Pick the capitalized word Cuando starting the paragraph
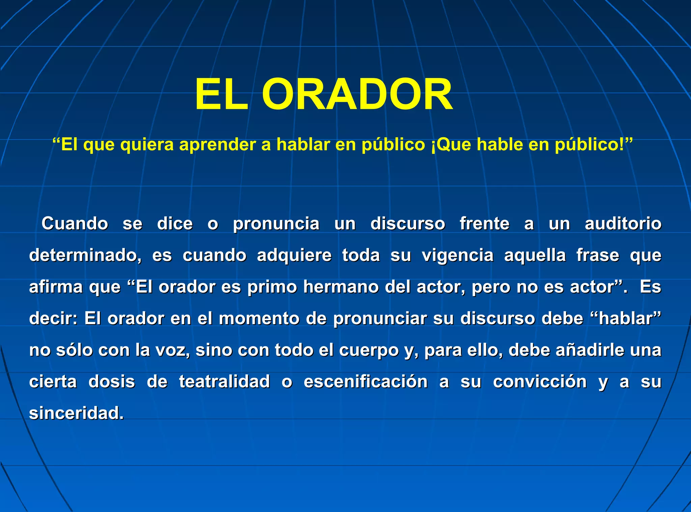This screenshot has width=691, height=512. point(75,223)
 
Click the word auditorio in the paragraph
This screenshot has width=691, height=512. point(623,223)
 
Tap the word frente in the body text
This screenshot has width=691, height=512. point(484,223)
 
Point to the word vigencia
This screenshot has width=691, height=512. point(458,255)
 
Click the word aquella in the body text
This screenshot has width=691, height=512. point(535,255)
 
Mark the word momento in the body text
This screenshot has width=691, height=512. point(259,318)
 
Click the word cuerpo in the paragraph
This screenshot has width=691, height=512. point(369,350)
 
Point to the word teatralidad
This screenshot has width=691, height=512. point(224,381)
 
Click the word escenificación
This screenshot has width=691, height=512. point(365,381)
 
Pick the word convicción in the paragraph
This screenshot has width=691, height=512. point(540,381)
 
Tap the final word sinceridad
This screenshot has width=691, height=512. point(76,413)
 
